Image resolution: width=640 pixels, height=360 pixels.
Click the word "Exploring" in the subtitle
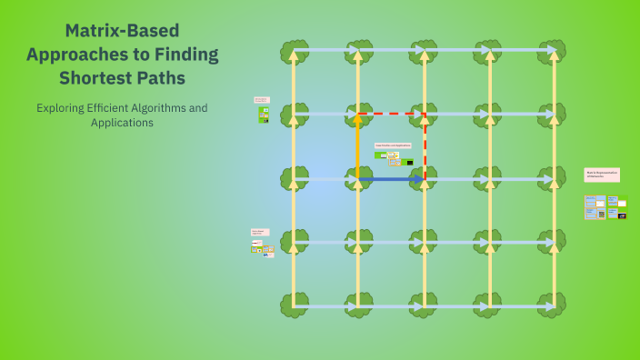pyautogui.click(x=64, y=107)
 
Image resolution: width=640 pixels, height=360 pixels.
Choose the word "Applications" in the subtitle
pyautogui.click(x=122, y=123)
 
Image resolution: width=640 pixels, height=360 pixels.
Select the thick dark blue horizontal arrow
pyautogui.click(x=391, y=179)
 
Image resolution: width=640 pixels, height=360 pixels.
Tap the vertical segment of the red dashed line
pyautogui.click(x=425, y=145)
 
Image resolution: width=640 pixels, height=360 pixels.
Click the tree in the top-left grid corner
pyautogui.click(x=294, y=51)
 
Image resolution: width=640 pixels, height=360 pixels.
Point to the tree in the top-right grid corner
pyautogui.click(x=552, y=51)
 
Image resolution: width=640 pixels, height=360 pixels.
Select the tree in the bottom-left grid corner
pyautogui.click(x=294, y=305)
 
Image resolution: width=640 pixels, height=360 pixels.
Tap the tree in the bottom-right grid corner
pyautogui.click(x=552, y=305)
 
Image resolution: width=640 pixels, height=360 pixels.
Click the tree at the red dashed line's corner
pyautogui.click(x=424, y=115)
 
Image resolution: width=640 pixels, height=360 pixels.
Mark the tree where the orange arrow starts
pyautogui.click(x=357, y=179)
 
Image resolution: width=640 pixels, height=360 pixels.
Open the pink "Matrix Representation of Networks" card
pyautogui.click(x=602, y=174)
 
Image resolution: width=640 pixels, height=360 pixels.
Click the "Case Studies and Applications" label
pyautogui.click(x=393, y=145)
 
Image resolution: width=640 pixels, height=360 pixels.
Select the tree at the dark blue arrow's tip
pyautogui.click(x=424, y=179)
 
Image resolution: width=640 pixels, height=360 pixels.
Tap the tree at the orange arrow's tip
pyautogui.click(x=357, y=115)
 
